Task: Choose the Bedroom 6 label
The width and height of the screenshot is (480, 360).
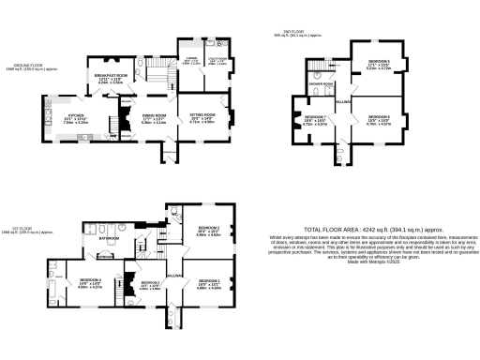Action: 378,116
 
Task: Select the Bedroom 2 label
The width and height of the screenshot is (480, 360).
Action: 208,228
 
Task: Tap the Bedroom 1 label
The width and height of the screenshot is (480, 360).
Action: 208,281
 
